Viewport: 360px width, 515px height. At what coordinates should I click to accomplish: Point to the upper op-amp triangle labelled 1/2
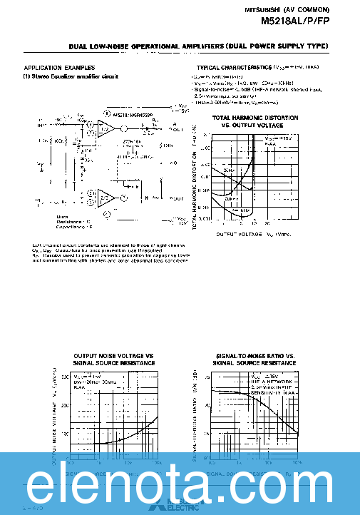[106, 128]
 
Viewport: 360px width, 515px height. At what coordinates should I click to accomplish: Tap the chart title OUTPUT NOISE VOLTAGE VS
[113, 356]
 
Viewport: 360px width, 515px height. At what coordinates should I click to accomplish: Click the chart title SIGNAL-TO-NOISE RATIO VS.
[254, 356]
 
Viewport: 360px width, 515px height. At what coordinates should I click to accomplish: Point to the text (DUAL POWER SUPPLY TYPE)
[277, 46]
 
